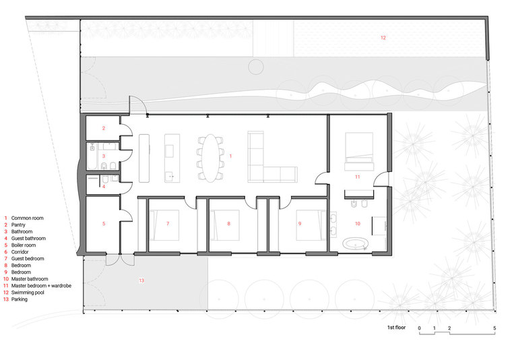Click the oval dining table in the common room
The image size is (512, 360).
click(x=210, y=158)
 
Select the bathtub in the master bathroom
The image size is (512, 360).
click(x=356, y=244)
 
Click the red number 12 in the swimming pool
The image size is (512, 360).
click(x=383, y=38)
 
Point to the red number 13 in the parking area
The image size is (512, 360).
click(x=141, y=280)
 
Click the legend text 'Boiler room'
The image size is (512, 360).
click(x=24, y=245)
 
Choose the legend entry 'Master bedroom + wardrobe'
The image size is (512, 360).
click(x=41, y=286)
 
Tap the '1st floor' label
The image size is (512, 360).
click(x=396, y=328)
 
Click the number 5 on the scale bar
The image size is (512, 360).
click(x=494, y=328)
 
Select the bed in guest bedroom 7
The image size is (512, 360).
click(x=164, y=225)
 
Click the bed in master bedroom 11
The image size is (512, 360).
click(x=359, y=151)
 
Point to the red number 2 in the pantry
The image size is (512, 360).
click(x=104, y=128)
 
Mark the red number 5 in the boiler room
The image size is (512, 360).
click(x=104, y=224)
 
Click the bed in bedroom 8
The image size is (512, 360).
click(x=224, y=225)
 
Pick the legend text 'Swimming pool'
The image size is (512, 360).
click(x=28, y=293)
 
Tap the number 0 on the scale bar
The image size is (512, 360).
click(x=420, y=328)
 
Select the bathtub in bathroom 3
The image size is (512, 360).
click(x=92, y=156)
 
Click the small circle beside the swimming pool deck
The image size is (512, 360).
click(x=256, y=67)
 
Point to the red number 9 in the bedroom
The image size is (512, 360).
click(x=300, y=224)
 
